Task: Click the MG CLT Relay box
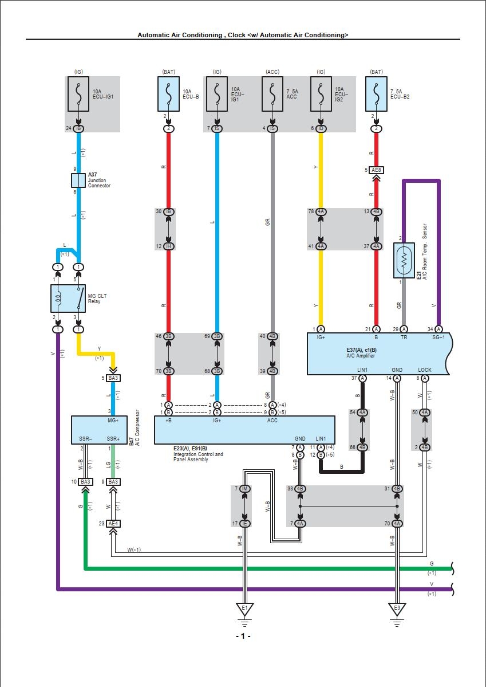pos(68,298)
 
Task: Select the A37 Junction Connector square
pos(78,181)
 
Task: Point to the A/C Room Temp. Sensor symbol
pos(404,261)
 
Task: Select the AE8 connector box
pos(376,170)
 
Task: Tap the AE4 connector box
pos(113,524)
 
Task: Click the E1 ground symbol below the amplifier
pos(396,610)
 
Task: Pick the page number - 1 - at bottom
pos(243,636)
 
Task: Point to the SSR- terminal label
pos(85,439)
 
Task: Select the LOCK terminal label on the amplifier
pos(425,370)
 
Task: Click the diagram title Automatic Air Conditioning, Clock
pos(242,35)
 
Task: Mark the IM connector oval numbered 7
pos(245,489)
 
